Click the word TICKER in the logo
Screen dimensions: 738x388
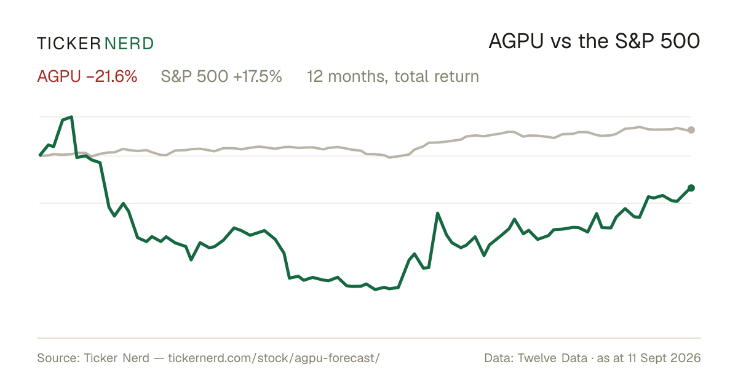(x=68, y=44)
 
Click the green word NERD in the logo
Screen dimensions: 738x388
(x=129, y=44)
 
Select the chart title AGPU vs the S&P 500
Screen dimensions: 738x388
(x=594, y=42)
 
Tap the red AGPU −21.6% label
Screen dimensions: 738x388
(x=87, y=76)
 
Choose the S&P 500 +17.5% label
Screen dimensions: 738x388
(x=221, y=76)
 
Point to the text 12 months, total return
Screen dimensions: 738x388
(x=393, y=77)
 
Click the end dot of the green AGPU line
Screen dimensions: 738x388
(x=691, y=188)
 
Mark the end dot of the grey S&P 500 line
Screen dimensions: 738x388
(x=691, y=130)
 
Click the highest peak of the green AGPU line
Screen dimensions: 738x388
(x=71, y=117)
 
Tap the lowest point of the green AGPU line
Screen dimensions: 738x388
(x=375, y=289)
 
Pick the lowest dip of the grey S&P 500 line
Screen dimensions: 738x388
(x=390, y=158)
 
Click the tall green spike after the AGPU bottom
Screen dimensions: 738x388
(x=437, y=214)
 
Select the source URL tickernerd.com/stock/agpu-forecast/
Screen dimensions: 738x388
(x=274, y=358)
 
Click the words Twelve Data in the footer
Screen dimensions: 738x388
(x=552, y=358)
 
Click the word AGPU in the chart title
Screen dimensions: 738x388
(x=516, y=42)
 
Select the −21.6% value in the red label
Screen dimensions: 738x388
(x=112, y=76)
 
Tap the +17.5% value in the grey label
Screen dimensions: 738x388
(x=257, y=76)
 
